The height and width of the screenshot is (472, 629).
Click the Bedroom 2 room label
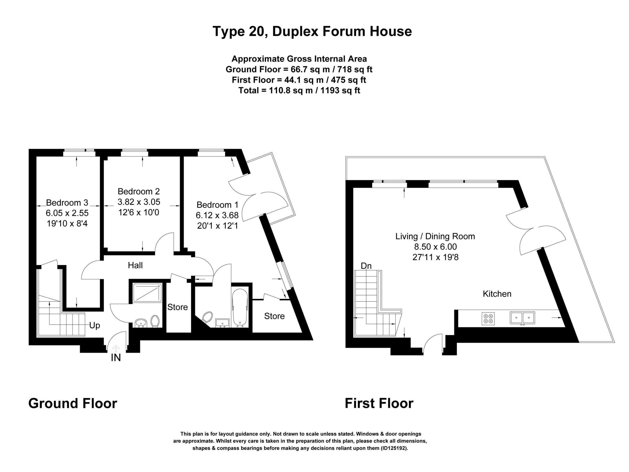coord(139,191)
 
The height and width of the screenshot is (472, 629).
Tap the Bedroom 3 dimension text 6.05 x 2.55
coord(67,213)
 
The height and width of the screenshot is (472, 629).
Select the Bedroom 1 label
coord(217,205)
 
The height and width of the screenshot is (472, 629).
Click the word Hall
coord(135,265)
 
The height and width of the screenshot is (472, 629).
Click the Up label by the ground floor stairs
coord(95,325)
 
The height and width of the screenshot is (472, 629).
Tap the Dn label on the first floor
coord(366,266)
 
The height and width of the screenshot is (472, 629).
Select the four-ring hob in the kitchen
coord(488,319)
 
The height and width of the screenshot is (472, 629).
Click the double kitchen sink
coord(522,318)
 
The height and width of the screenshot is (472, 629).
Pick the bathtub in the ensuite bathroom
coord(240,308)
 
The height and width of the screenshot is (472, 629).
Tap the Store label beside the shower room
coord(177,307)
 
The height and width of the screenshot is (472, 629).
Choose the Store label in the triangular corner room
coord(274,316)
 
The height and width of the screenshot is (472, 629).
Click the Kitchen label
coord(497,294)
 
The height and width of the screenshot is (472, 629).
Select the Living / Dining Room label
coord(435,236)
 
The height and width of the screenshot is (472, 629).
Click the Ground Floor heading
coord(73,403)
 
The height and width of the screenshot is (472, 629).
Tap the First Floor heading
coord(379,403)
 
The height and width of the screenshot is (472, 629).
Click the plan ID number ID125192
coord(394,448)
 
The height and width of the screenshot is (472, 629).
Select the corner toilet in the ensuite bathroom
coord(207,317)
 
